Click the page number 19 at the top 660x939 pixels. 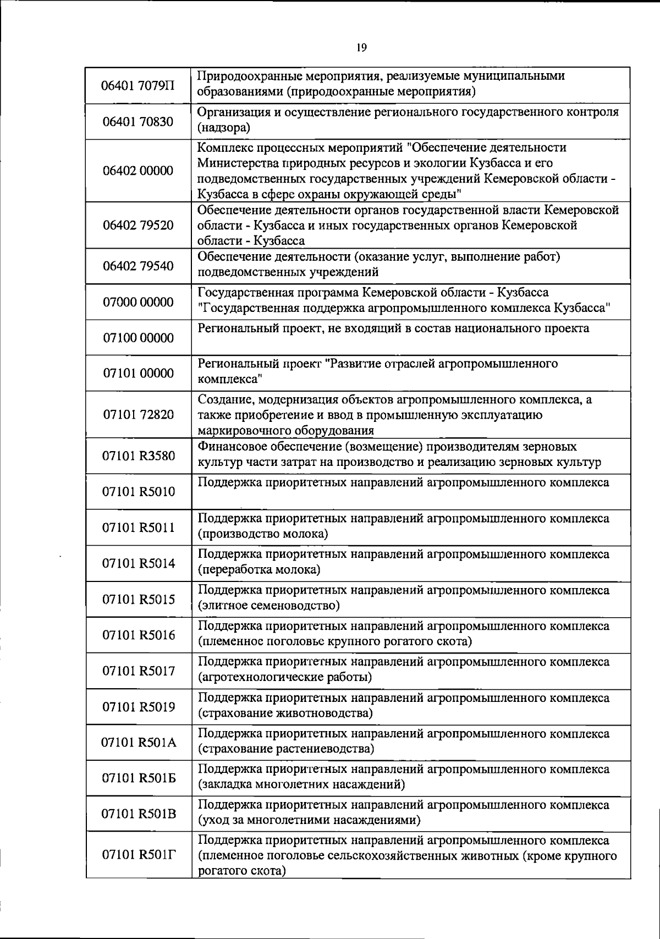361,48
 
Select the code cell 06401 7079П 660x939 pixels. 138,86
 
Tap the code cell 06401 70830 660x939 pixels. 138,122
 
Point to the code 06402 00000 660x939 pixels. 138,171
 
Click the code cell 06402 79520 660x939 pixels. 138,225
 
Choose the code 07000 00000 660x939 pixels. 138,302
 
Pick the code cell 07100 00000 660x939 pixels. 138,338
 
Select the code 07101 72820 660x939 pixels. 138,415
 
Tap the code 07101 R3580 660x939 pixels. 138,456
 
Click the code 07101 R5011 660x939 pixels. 138,528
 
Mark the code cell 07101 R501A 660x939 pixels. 138,743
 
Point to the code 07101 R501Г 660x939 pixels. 138,854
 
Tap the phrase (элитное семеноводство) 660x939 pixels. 268,606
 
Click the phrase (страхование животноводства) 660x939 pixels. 285,713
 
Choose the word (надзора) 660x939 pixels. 224,129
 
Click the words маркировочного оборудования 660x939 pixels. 286,431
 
